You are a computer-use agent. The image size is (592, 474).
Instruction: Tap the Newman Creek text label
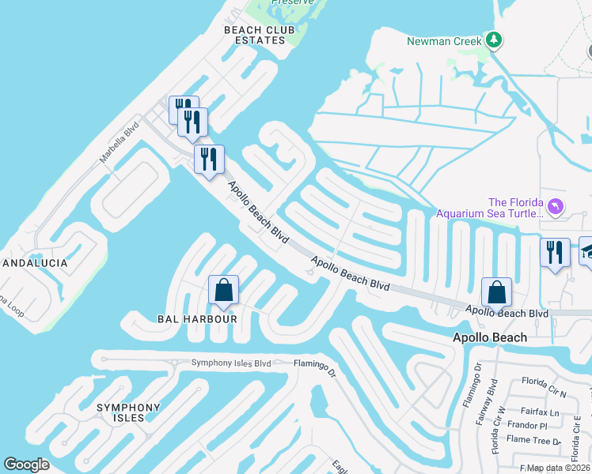[444, 41]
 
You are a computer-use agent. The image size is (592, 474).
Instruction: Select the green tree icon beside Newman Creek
[494, 39]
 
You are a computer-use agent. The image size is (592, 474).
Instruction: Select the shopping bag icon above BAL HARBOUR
[224, 290]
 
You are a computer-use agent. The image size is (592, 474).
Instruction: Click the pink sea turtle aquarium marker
[556, 207]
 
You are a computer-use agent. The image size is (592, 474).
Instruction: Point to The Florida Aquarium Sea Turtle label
[491, 208]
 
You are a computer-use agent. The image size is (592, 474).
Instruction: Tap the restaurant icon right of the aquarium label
[554, 253]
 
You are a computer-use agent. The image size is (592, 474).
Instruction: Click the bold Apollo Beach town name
[489, 338]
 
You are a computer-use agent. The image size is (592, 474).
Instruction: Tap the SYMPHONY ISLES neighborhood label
[128, 412]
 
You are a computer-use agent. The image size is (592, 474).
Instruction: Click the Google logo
[26, 465]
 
